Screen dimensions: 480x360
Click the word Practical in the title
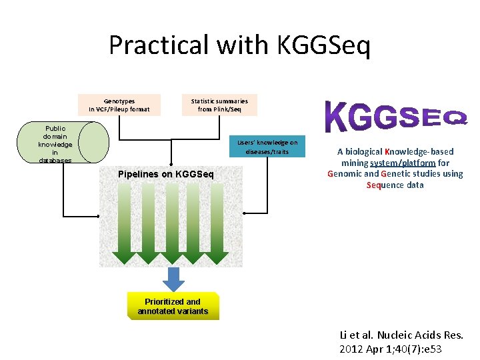pos(157,45)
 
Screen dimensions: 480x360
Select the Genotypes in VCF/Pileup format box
pos(119,105)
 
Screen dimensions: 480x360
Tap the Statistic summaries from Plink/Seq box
pos(219,105)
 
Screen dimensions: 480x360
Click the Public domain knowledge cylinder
pos(64,143)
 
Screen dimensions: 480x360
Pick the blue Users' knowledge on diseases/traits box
pos(267,147)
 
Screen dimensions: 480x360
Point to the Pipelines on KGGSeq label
pos(165,175)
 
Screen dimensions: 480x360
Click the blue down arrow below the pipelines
pos(173,279)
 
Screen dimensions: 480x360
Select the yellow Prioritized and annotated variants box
pos(173,307)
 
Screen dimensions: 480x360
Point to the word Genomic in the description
pos(344,174)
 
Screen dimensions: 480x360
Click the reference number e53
pos(430,349)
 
